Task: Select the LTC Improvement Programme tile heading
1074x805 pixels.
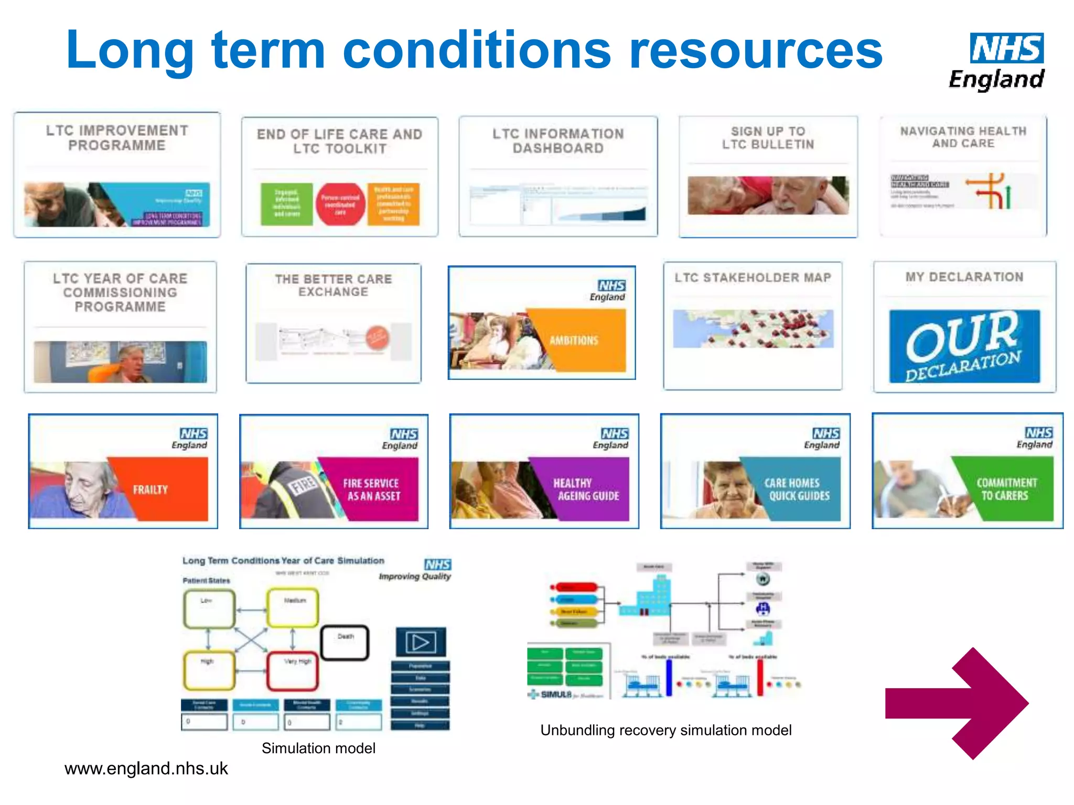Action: point(117,138)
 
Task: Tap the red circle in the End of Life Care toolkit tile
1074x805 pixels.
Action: point(340,204)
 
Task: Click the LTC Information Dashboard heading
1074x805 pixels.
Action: point(558,141)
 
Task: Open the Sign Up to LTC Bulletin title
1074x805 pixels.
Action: point(768,138)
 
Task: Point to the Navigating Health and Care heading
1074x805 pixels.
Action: point(963,137)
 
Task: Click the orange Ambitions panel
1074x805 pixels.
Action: point(577,340)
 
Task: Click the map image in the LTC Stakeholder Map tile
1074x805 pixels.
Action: point(753,329)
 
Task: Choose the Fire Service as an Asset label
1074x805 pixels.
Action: point(371,490)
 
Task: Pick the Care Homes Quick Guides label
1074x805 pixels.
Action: point(797,489)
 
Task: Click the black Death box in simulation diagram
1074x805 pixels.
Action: point(345,643)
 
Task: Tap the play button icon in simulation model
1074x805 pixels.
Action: point(421,642)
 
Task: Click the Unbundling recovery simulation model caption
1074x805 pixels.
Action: point(665,731)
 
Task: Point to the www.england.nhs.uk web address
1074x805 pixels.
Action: point(146,769)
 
